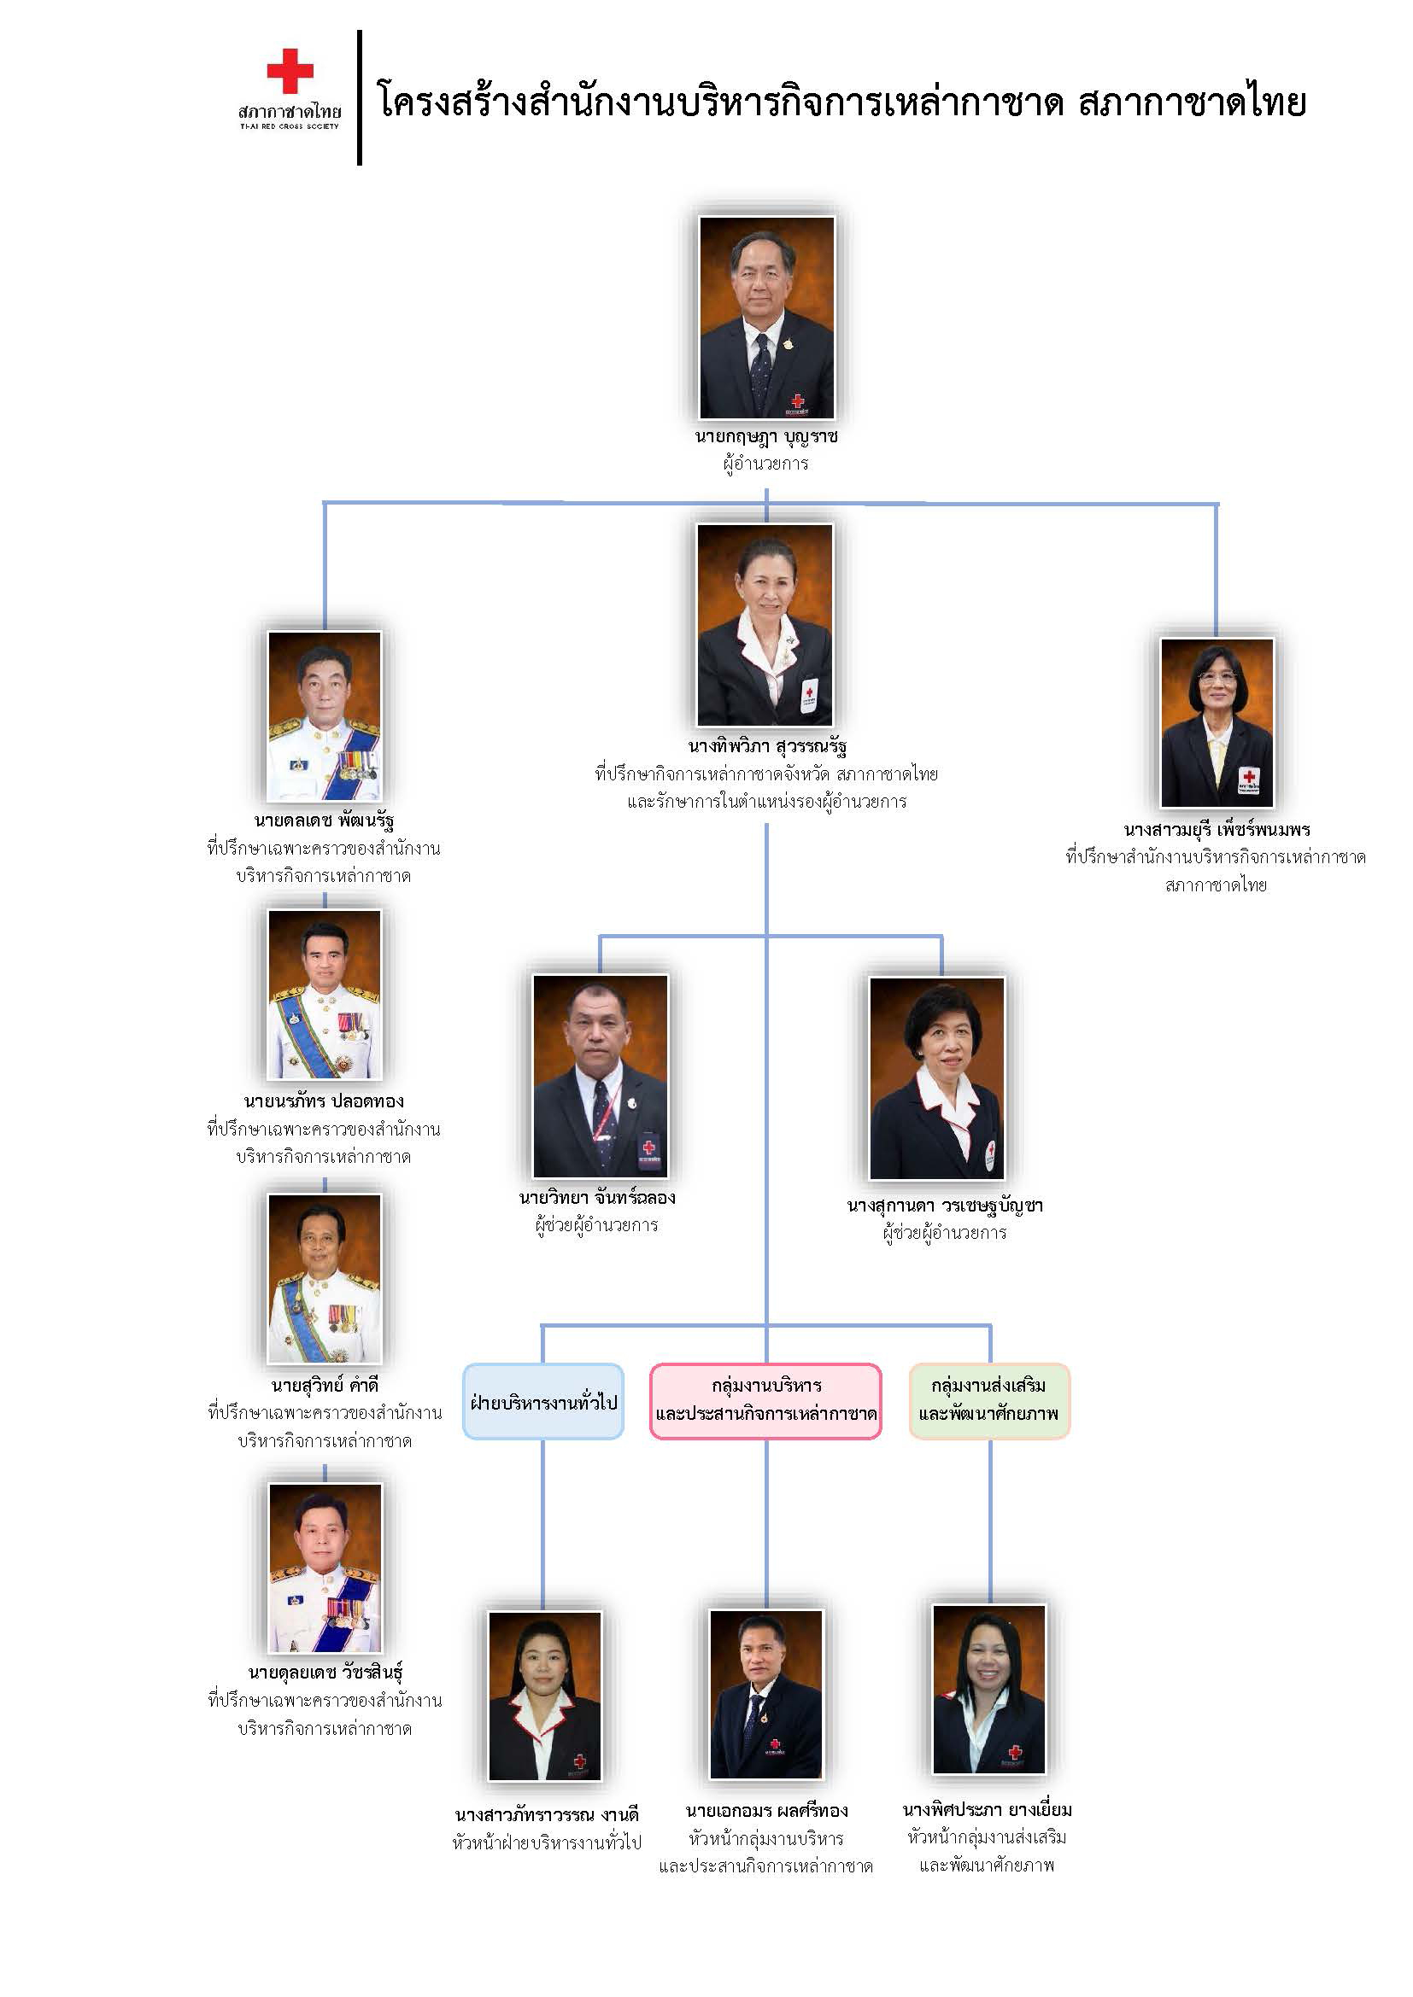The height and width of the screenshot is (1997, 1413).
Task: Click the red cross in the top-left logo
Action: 290,72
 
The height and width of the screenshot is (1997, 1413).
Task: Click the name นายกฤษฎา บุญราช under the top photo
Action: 765,436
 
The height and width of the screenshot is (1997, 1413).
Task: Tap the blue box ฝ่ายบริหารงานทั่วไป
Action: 543,1402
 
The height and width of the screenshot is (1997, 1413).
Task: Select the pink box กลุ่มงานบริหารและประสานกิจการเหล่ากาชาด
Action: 765,1401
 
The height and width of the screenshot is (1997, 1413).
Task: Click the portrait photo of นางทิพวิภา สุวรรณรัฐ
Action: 765,624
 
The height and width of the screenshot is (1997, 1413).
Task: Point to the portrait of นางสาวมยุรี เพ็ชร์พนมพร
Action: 1217,723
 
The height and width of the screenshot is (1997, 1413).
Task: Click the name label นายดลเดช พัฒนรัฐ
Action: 324,820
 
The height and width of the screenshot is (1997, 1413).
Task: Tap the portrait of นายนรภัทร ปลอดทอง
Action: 325,994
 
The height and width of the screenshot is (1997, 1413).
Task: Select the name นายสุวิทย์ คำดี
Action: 325,1386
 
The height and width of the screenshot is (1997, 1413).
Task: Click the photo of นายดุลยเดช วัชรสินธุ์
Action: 325,1568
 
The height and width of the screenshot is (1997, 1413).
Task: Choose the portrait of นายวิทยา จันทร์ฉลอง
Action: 601,1075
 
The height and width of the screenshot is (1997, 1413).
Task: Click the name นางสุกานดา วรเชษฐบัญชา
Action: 944,1206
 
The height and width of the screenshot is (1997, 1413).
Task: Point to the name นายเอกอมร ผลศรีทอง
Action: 766,1811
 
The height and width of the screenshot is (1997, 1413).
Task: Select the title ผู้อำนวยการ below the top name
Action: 765,464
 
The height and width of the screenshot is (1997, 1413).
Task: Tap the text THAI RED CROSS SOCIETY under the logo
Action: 289,126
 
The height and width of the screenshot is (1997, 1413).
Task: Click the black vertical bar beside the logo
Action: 360,97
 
